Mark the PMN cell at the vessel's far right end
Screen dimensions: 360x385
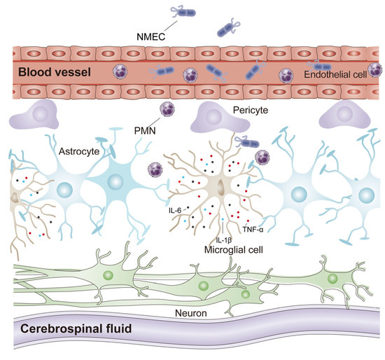click(x=377, y=69)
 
